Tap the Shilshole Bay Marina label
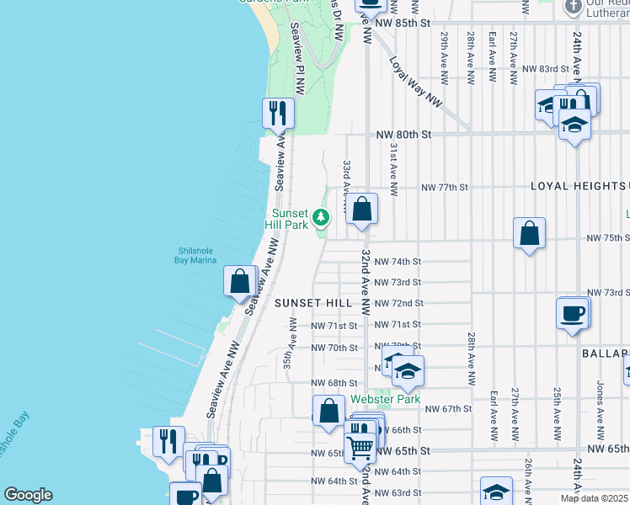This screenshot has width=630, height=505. pos(197,254)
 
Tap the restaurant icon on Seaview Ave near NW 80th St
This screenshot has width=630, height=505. pos(278,112)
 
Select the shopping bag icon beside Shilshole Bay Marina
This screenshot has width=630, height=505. pos(240,280)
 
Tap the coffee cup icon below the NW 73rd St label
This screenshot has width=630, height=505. pos(573,313)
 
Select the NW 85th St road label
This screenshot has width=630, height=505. pos(403,22)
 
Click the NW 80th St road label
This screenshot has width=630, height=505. pos(403,134)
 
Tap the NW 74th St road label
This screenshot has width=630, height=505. pos(398,262)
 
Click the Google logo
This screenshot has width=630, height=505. pos(28,495)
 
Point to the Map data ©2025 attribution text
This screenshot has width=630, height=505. pos(594,498)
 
